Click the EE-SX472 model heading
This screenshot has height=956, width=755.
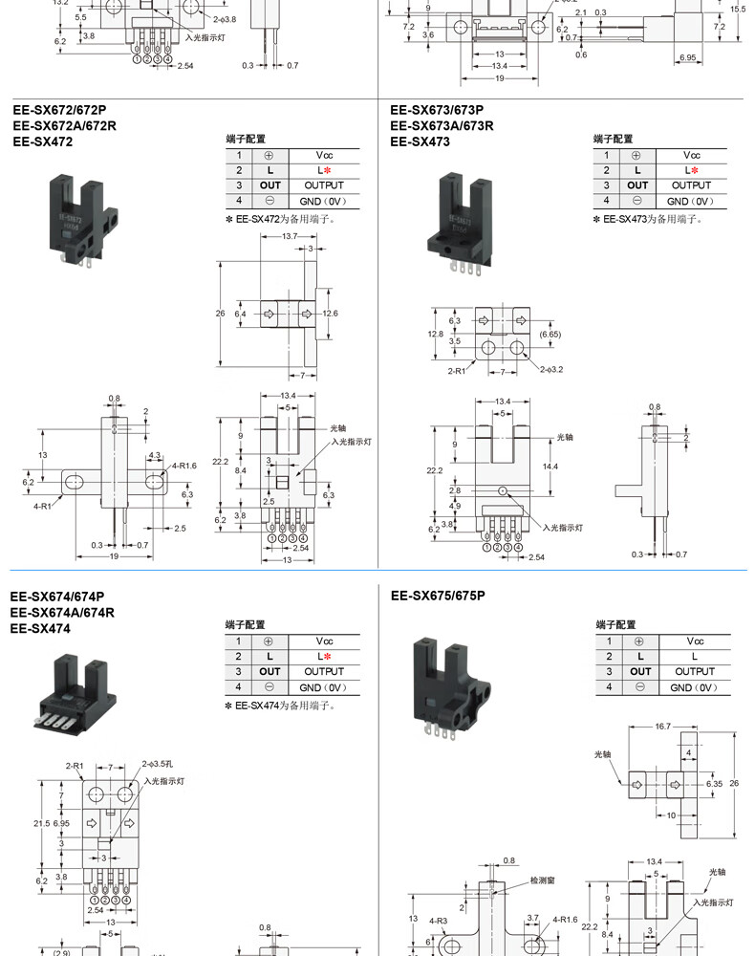coord(43,141)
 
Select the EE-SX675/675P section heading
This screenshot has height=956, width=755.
coord(438,596)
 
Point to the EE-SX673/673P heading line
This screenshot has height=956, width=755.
coord(437,109)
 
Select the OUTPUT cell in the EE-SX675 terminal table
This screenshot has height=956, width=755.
coord(694,672)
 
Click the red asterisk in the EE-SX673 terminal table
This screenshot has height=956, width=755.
coord(695,170)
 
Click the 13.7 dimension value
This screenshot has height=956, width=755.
coord(290,235)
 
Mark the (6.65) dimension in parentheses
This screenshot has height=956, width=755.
coord(550,335)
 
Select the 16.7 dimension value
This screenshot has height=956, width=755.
coord(660,727)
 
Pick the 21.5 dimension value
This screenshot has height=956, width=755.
coord(41,823)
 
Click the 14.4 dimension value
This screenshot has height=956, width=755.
coord(550,467)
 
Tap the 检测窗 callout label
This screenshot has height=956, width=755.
coord(547,880)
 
